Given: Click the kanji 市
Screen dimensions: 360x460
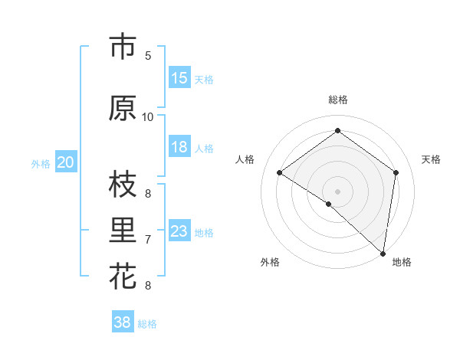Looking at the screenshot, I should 122,47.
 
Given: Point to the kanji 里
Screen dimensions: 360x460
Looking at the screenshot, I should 122,231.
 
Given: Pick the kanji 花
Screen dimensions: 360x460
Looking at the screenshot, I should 122,276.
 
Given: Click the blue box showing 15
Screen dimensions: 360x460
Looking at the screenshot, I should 179,79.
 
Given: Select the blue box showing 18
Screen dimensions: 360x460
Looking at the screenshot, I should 179,148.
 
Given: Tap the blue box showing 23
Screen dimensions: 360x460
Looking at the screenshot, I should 179,232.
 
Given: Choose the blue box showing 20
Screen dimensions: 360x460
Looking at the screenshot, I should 66,162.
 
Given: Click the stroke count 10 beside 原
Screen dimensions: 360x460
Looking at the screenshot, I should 147,116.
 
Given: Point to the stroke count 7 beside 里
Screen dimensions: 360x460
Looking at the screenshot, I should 147,240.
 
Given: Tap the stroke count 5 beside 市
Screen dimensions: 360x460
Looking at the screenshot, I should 147,55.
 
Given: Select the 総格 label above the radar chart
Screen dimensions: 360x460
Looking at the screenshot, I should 337,100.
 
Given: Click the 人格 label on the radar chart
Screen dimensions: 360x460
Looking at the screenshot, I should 245,159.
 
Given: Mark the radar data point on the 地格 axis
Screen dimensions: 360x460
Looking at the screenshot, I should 383,252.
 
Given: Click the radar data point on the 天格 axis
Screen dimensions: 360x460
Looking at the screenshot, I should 396,172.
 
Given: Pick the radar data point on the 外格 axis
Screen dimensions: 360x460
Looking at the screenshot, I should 328,204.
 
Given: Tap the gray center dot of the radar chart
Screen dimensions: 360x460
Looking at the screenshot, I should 337,191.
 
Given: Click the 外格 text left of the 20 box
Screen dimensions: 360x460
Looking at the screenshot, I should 40,163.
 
